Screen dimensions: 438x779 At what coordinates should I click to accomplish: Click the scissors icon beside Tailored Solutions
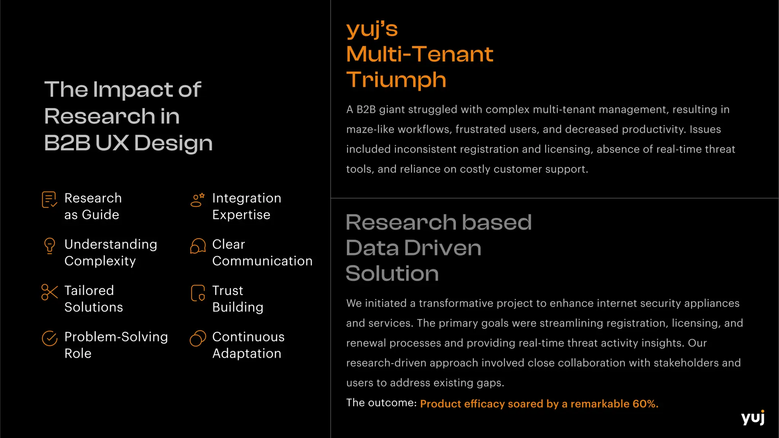pyautogui.click(x=49, y=292)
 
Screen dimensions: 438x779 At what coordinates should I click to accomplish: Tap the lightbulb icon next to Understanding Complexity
pyautogui.click(x=49, y=246)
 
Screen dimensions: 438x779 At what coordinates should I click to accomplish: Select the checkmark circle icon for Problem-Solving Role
pyautogui.click(x=49, y=338)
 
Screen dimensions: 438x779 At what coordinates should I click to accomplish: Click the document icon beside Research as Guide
pyautogui.click(x=49, y=200)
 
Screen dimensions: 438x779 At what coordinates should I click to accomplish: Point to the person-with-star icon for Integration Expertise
pyautogui.click(x=197, y=200)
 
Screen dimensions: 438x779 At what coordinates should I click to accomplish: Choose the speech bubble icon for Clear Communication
pyautogui.click(x=198, y=246)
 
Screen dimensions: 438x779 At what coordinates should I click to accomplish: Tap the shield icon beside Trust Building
pyautogui.click(x=198, y=293)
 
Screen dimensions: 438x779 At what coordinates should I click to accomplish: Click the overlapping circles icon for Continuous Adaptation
pyautogui.click(x=198, y=338)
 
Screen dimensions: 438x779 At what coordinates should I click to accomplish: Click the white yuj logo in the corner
pyautogui.click(x=753, y=417)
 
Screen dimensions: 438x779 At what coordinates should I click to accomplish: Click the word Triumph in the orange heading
pyautogui.click(x=396, y=80)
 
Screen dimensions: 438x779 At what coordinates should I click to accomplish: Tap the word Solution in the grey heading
pyautogui.click(x=392, y=273)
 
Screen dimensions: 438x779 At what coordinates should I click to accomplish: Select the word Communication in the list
pyautogui.click(x=262, y=261)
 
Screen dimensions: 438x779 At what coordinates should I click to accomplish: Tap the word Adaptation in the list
pyautogui.click(x=246, y=354)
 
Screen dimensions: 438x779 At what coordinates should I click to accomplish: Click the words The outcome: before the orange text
pyautogui.click(x=382, y=403)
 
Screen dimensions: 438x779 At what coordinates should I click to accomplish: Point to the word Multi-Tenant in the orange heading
pyautogui.click(x=420, y=54)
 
